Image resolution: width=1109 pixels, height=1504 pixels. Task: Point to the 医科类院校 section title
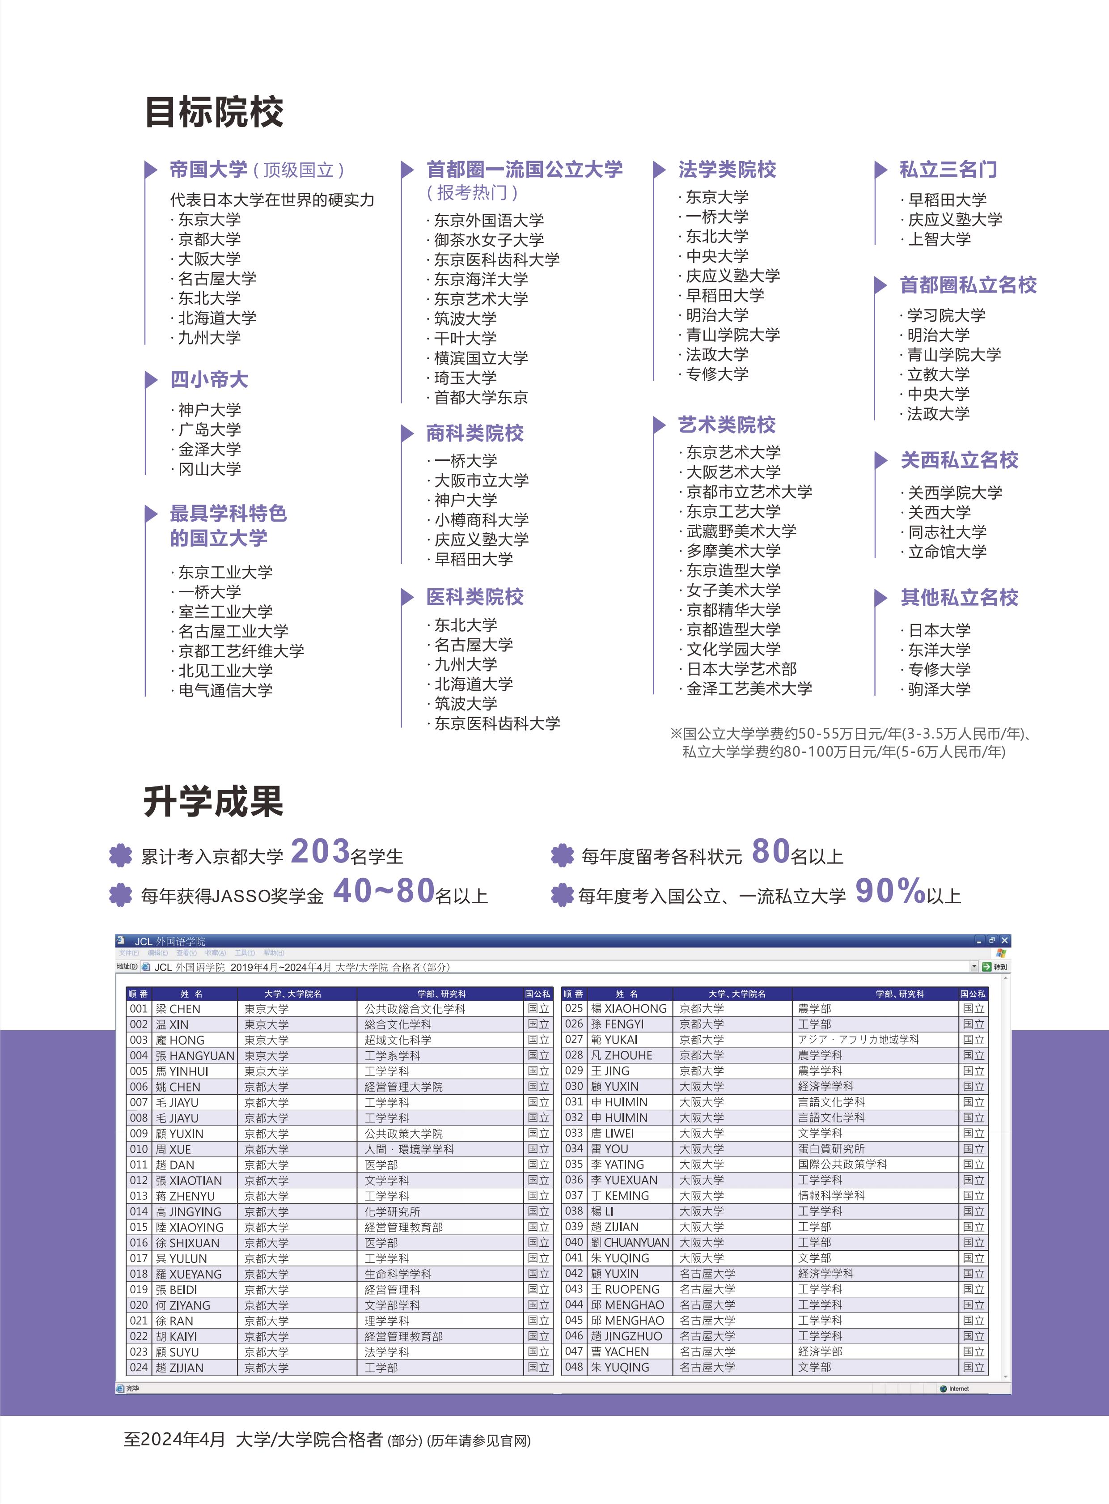(474, 596)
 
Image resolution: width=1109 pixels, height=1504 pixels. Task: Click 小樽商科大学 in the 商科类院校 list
(481, 520)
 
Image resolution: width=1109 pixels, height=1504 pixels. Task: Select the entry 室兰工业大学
(225, 612)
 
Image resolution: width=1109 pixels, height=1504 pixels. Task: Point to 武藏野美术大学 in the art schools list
(741, 531)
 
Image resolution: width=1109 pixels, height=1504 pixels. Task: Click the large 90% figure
(890, 891)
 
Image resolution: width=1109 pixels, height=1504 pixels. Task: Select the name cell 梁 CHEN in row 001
(178, 1008)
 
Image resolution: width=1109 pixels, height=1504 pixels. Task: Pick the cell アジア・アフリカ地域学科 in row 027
(858, 1039)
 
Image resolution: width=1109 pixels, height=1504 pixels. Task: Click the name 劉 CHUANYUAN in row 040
(630, 1242)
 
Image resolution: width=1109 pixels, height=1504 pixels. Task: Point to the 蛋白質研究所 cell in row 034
(831, 1149)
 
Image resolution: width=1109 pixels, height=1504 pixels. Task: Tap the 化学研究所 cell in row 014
(392, 1211)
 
